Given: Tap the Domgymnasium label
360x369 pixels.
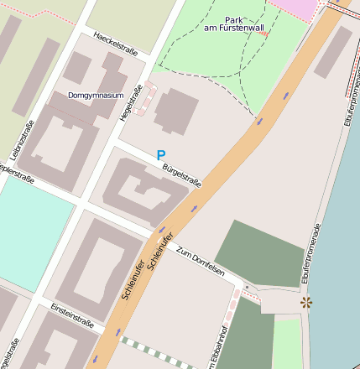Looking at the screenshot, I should (x=96, y=95).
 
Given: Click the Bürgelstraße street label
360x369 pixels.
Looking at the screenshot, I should (x=182, y=176).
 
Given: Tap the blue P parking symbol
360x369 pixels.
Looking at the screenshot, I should (x=160, y=155).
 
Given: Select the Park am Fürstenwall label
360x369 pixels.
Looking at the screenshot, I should (x=234, y=24).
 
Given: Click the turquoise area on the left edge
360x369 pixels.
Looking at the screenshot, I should (x=29, y=239).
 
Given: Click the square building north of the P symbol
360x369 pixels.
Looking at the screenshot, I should (x=176, y=111).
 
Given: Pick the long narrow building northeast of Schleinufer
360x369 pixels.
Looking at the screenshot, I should (x=333, y=52).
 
